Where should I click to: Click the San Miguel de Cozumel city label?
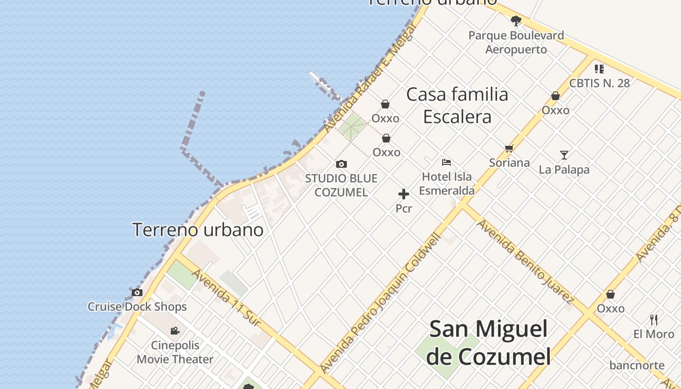pos(488,343)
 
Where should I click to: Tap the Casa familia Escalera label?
pos(457,106)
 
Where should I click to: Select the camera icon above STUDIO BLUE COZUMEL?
pos(341,164)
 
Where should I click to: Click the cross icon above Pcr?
pos(404,194)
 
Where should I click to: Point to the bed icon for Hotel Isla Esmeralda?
pos(447,162)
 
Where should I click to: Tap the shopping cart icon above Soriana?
pos(509,149)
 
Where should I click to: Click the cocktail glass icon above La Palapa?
pos(564,155)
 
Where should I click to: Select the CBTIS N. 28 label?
pos(599,83)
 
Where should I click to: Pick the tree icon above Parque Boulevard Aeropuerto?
pos(516,21)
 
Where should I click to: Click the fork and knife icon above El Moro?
pos(654,320)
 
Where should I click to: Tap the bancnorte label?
pos(637,365)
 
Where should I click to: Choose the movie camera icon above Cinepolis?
pos(175,331)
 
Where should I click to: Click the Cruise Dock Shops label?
pos(137,307)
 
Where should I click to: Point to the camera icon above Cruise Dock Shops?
pos(137,292)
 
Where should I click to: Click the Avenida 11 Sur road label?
pos(227,297)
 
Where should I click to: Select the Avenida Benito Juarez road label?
pos(525,262)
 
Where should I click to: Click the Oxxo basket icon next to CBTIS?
pos(556,96)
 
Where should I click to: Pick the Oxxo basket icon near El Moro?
pos(610,294)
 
